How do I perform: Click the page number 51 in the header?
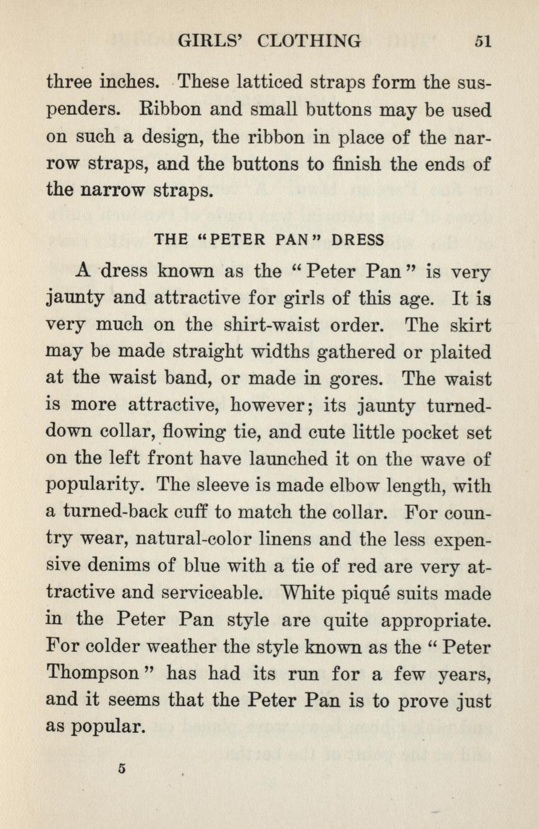coord(483,41)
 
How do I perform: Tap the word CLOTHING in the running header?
coord(309,41)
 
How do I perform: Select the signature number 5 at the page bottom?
coord(122,768)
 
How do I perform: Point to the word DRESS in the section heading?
coord(358,240)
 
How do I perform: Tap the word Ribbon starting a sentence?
coord(174,110)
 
